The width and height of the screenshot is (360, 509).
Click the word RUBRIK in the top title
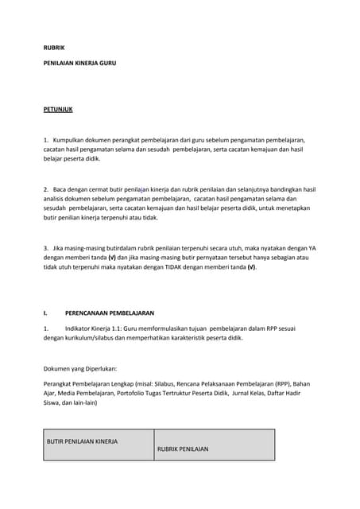[x=54, y=48]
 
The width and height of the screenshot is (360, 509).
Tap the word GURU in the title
[x=106, y=62]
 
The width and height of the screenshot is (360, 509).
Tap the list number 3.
[x=45, y=248]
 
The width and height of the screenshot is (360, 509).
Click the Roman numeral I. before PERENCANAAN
[x=45, y=313]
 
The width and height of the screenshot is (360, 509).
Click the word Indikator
[x=80, y=328]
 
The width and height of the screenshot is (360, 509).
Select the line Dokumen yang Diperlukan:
[x=80, y=368]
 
